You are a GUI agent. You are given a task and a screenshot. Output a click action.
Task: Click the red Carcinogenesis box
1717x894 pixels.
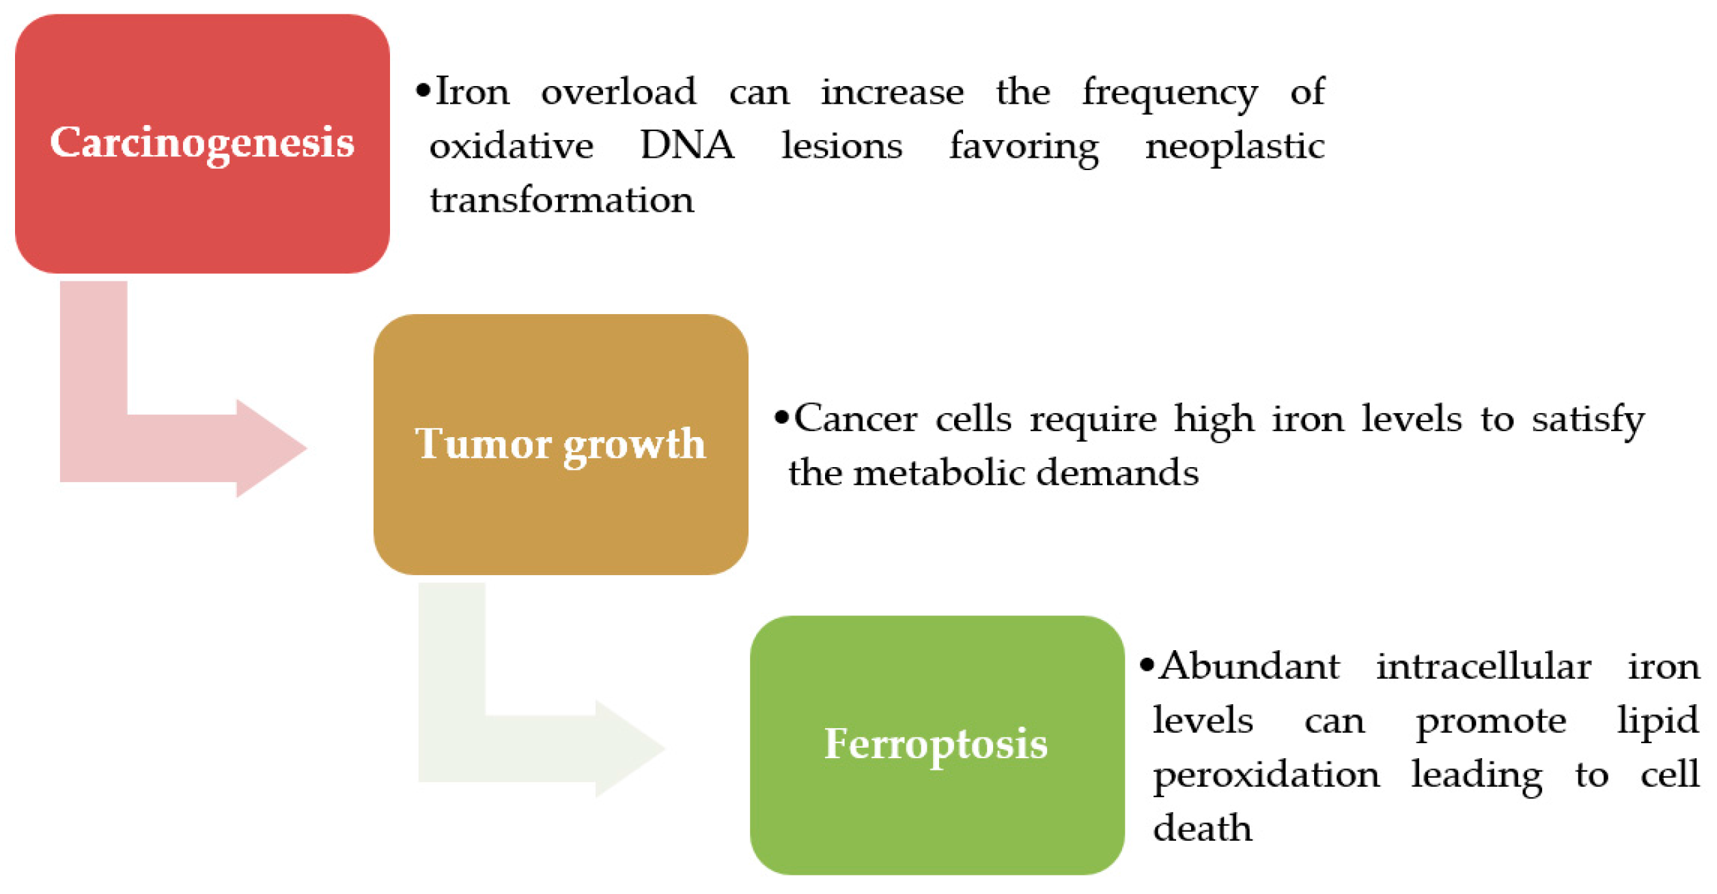(x=202, y=143)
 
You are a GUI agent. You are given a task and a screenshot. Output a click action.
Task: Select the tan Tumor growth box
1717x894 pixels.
(x=561, y=444)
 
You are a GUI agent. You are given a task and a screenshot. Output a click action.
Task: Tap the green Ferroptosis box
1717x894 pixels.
(x=937, y=745)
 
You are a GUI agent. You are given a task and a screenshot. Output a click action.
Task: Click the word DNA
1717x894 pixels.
(x=687, y=145)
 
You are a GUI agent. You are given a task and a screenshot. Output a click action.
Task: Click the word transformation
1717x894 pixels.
(x=561, y=199)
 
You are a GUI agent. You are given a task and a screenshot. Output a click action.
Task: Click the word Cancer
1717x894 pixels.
(x=855, y=418)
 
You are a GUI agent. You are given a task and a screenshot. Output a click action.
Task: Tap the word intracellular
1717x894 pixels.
(x=1483, y=666)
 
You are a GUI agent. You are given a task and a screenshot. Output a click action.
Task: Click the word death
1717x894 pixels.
(x=1203, y=828)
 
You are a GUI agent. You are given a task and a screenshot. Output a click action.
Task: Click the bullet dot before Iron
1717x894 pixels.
(x=423, y=90)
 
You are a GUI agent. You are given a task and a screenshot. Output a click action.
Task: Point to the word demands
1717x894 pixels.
(x=1117, y=472)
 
